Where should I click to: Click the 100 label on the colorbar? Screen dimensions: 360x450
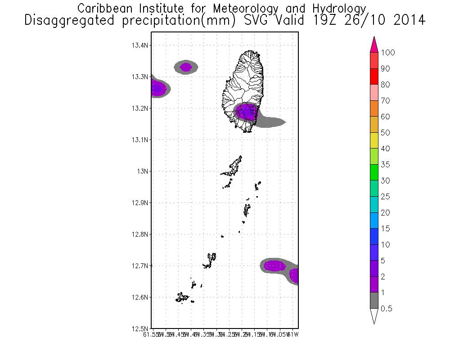387,53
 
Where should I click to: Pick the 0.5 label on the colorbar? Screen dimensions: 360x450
386,309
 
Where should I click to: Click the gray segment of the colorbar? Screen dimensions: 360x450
373,301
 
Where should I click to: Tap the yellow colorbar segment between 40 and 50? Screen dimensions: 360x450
373,140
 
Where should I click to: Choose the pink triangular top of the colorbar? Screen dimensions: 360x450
373,45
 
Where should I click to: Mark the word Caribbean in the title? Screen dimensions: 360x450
103,8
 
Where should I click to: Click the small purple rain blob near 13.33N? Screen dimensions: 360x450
186,67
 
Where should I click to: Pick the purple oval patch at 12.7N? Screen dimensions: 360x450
274,266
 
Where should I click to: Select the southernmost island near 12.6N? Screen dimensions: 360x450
182,297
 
